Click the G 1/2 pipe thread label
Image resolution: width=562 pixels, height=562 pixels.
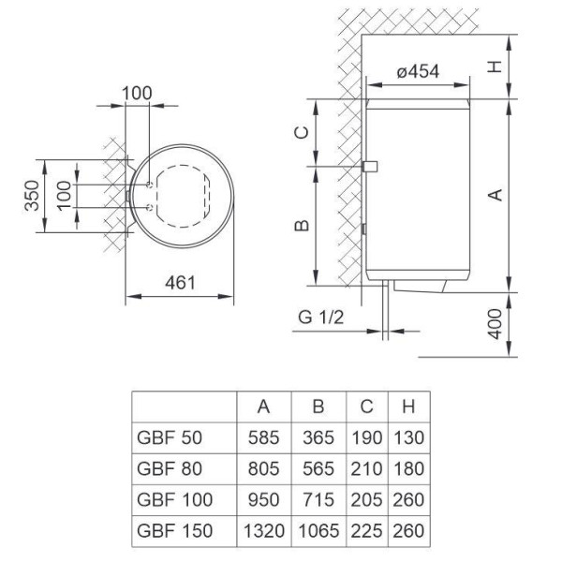coord(321,318)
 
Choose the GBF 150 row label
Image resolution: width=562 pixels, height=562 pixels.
coord(174,531)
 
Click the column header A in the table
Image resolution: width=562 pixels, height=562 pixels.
coord(264,406)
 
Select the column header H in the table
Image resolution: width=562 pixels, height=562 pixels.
coord(407,406)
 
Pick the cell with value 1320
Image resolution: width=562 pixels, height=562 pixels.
coord(264,531)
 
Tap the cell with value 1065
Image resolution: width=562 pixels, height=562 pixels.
coord(318,531)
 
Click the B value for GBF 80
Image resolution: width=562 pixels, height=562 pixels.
coord(318,467)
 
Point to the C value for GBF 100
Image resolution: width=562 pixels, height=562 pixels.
coord(366,499)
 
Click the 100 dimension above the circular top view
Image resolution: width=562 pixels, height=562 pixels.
coord(138,95)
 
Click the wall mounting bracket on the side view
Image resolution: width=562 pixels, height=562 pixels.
coord(370,167)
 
